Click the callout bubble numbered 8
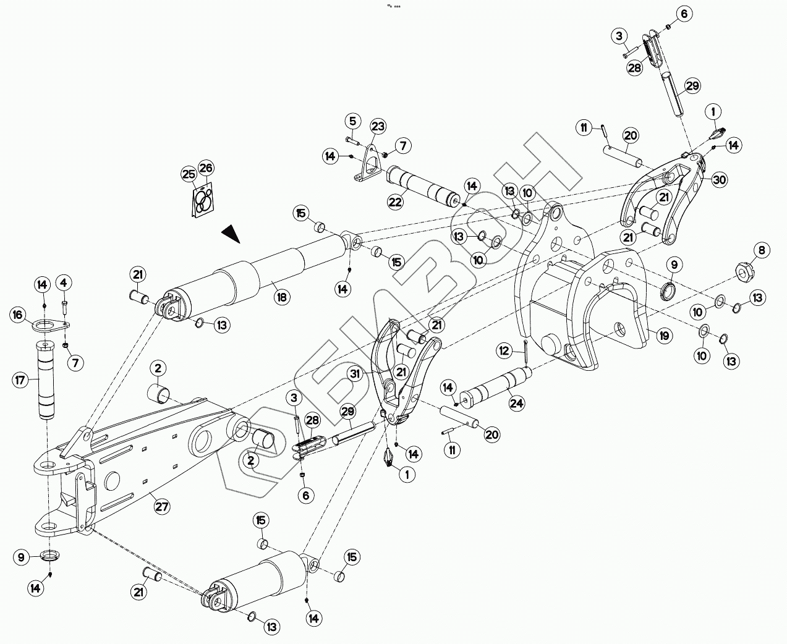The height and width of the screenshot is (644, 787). [762, 250]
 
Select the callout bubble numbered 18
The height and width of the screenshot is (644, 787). [282, 297]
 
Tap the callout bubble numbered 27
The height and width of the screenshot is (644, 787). [161, 507]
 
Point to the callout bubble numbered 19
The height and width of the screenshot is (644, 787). [664, 336]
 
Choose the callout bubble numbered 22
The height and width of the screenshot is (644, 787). [395, 201]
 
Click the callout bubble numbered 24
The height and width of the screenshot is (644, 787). [517, 404]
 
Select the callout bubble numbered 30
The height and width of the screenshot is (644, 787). [719, 180]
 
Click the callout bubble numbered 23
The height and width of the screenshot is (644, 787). [378, 127]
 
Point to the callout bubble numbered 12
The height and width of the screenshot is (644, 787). [504, 350]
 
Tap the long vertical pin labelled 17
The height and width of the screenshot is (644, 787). [46, 379]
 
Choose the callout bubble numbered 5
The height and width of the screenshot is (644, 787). [352, 120]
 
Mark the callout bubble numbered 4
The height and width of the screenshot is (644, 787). [63, 284]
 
